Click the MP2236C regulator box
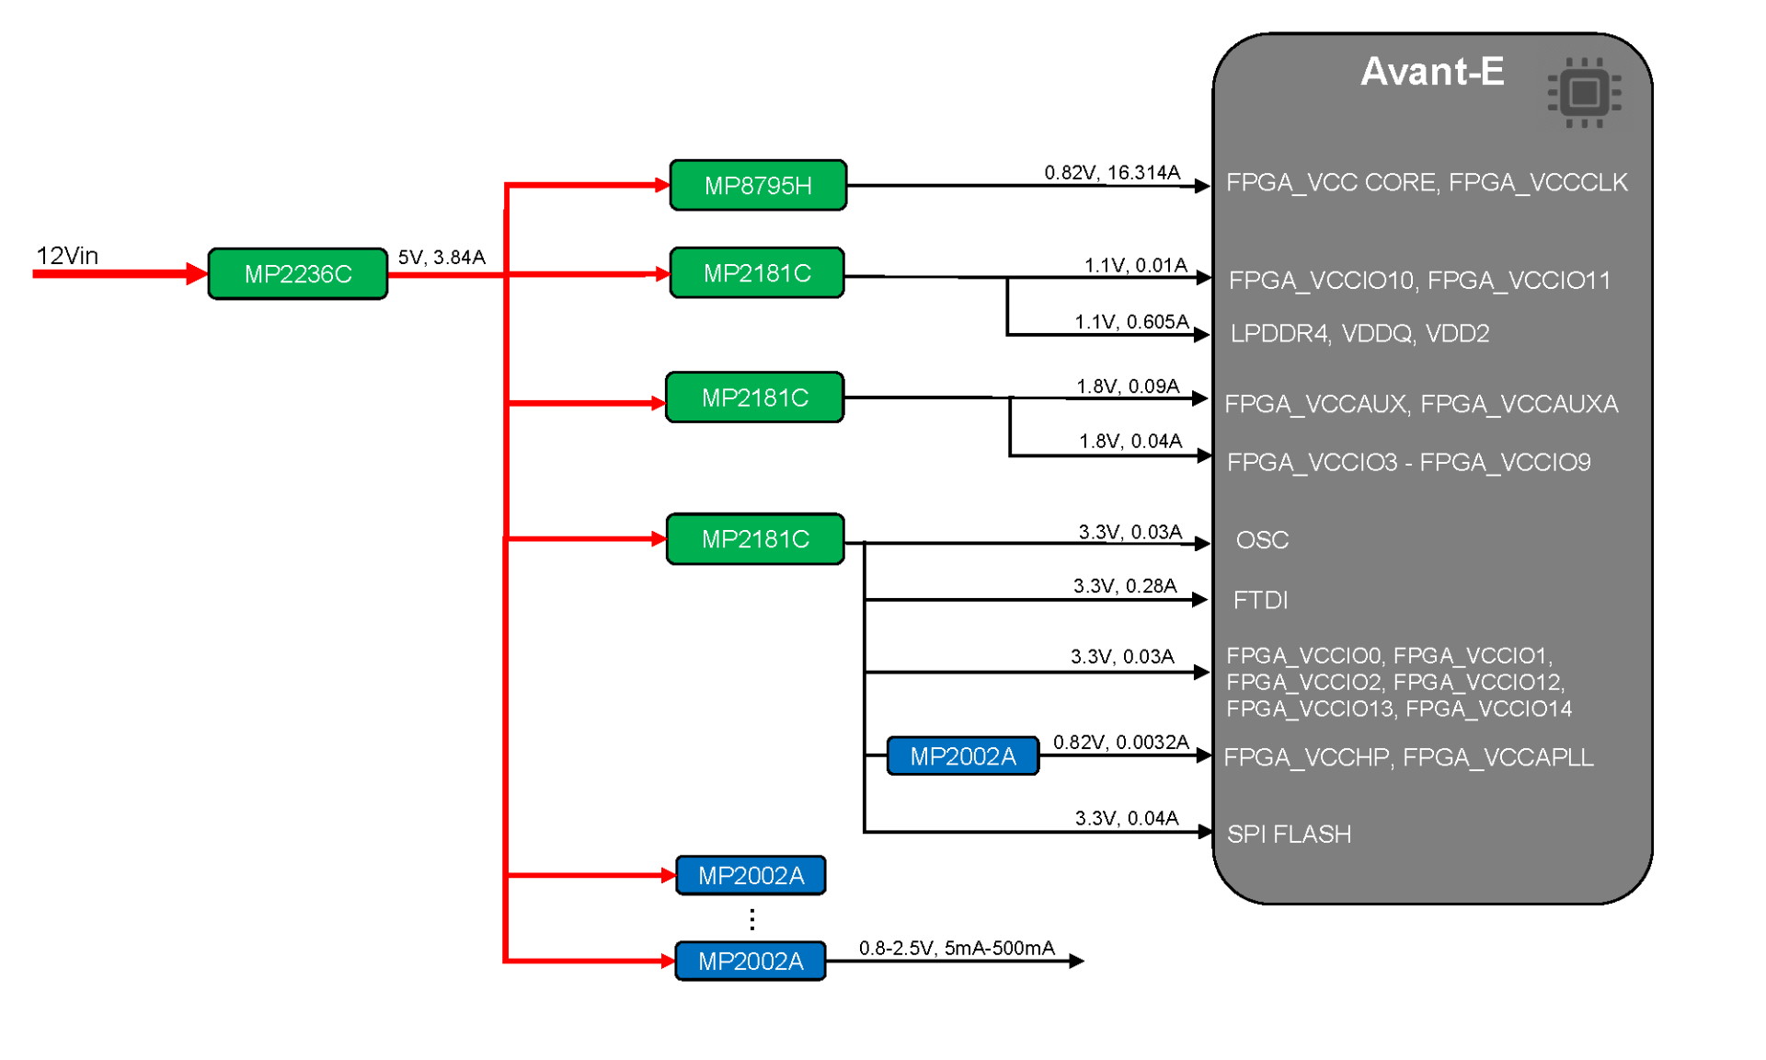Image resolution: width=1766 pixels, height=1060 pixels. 297,273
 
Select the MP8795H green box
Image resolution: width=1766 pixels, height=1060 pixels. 757,185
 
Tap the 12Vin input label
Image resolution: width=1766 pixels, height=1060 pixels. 67,256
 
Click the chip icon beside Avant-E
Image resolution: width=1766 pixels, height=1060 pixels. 1583,92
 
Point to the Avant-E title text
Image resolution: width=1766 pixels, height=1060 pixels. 1431,72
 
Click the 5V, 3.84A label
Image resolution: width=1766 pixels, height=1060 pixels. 441,257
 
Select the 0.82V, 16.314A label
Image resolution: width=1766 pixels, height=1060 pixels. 1111,172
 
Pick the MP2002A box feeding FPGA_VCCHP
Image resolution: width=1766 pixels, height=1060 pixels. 962,755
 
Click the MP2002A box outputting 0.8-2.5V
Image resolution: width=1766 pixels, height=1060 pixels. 750,961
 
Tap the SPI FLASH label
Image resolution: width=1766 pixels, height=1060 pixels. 1289,834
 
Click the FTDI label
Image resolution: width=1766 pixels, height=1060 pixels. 1260,600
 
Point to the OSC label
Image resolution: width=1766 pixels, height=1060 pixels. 1262,539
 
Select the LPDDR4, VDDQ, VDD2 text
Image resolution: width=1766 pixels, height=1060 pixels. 1359,333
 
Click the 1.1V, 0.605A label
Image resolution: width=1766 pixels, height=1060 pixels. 1130,321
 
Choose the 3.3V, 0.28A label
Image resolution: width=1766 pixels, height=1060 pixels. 1124,585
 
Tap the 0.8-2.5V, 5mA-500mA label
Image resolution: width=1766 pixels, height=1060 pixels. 956,948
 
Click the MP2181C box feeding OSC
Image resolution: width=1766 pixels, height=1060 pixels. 754,538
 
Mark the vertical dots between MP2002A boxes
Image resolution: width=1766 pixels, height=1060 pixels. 752,918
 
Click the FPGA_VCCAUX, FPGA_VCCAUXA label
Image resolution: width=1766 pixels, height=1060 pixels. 1420,403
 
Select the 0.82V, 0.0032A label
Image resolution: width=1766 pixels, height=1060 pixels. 1120,742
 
